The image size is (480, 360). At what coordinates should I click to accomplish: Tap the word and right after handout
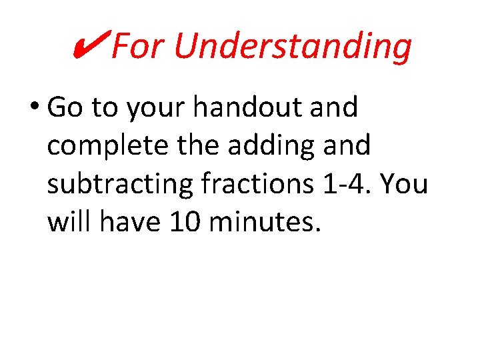tap(335, 107)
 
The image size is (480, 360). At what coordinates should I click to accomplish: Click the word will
tap(70, 223)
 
